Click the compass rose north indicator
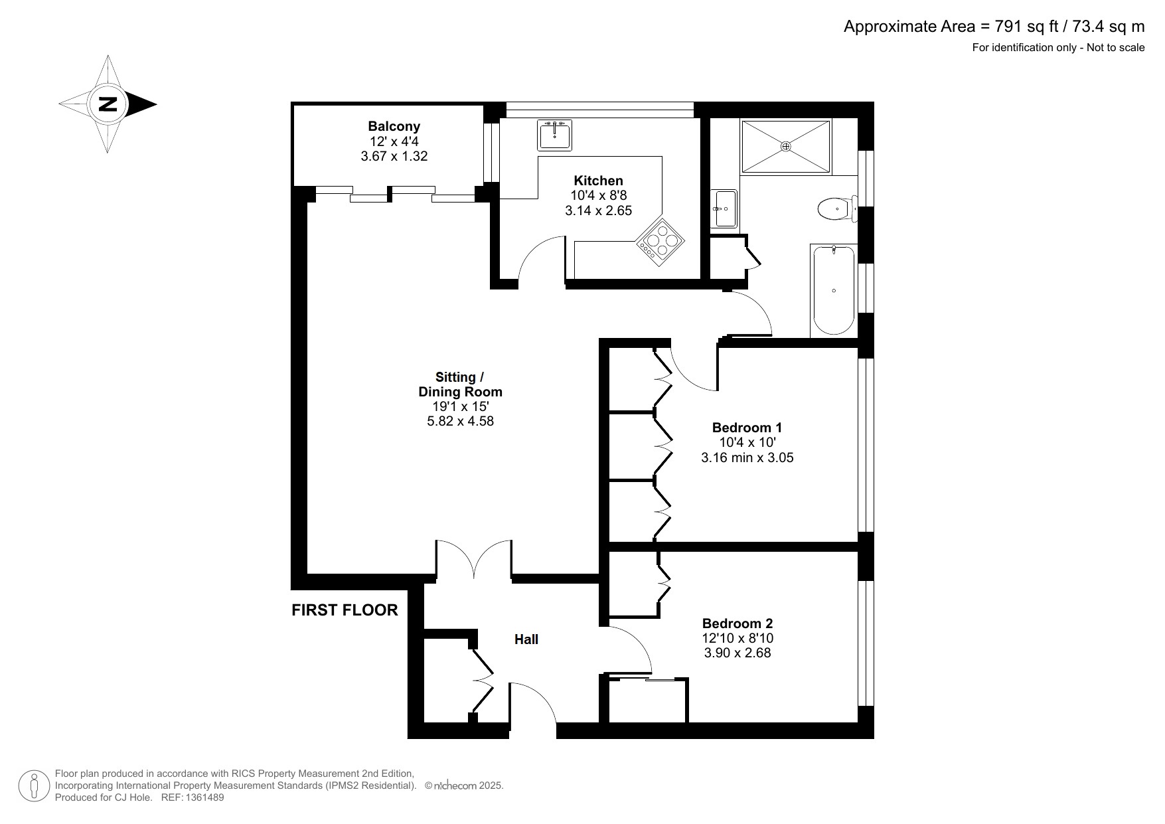click(108, 104)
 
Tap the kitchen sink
click(554, 135)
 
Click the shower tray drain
click(786, 146)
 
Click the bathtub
click(834, 290)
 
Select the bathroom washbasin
click(724, 208)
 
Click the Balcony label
click(394, 126)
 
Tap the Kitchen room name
click(598, 181)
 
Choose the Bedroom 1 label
click(747, 428)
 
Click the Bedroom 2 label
click(738, 623)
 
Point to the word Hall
click(526, 639)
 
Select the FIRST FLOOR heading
click(345, 610)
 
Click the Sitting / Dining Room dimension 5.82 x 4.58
click(460, 421)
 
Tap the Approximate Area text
click(994, 27)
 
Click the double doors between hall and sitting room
click(474, 559)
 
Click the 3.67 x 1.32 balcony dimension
click(394, 157)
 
